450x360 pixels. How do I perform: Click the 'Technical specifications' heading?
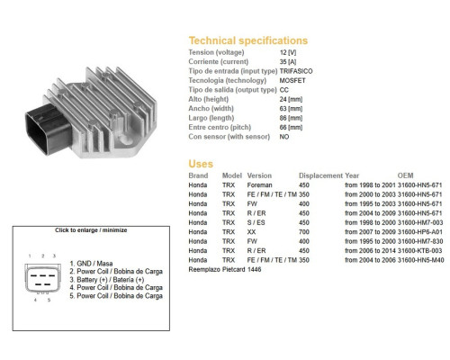pos(248,40)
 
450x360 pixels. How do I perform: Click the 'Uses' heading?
pos(201,164)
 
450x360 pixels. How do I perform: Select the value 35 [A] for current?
pos(288,62)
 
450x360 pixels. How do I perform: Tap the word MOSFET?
pos(292,80)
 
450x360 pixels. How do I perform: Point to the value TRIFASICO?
pos(296,71)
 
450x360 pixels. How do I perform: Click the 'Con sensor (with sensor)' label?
pos(229,137)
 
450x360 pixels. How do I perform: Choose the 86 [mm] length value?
pos(291,118)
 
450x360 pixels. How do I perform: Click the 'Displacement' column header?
pos(320,175)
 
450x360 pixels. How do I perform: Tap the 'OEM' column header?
pos(405,175)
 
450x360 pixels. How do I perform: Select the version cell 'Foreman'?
pos(259,185)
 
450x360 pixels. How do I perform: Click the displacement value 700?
pos(304,232)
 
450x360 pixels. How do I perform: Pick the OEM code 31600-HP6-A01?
pos(420,232)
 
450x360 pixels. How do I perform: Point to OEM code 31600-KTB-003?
pos(420,251)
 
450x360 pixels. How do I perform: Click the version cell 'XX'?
pos(251,232)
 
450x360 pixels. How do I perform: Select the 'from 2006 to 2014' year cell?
pos(370,251)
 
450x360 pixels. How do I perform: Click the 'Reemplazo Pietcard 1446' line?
pos(225,269)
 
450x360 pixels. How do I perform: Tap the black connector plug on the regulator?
pos(49,129)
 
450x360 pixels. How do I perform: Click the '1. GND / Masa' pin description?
pos(91,264)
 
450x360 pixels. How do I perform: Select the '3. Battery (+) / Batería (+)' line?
pos(107,280)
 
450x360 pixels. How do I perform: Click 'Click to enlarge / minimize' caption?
pos(91,230)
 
